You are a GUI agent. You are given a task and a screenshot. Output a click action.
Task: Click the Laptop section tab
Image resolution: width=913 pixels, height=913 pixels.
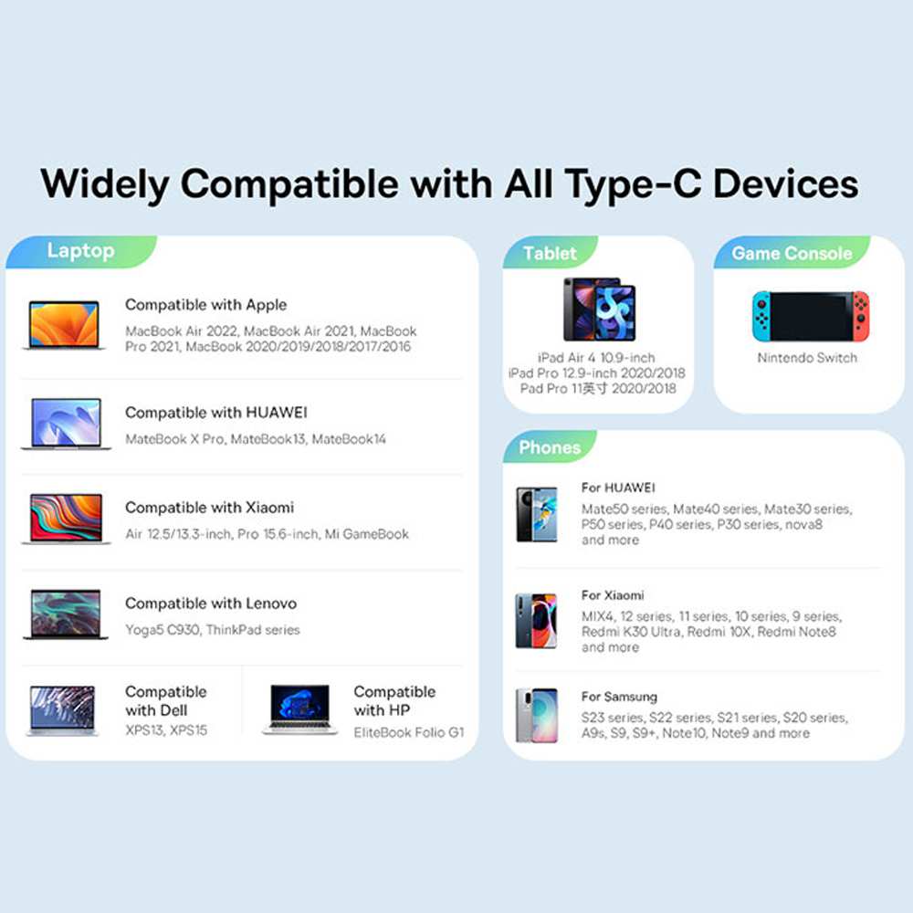point(81,252)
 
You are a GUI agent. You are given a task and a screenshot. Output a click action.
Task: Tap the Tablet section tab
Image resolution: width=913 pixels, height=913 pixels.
point(550,253)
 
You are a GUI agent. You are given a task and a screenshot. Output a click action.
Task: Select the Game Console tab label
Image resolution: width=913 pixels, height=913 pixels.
point(792,253)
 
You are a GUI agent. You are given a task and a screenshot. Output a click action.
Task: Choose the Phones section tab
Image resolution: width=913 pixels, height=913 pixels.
point(550,447)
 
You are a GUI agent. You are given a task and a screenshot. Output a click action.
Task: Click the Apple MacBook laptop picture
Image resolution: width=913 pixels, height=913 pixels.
point(64,325)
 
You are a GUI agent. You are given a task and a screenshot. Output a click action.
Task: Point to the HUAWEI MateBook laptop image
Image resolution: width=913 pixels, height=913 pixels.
point(66,424)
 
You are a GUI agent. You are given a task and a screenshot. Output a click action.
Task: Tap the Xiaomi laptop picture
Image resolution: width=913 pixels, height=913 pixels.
point(66,519)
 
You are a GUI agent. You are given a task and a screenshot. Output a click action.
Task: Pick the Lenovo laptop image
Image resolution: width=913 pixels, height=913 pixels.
point(66,614)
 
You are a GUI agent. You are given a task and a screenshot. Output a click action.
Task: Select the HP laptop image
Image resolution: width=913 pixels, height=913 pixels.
point(299,709)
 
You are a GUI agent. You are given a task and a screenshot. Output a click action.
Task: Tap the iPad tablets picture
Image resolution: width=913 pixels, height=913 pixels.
point(599,310)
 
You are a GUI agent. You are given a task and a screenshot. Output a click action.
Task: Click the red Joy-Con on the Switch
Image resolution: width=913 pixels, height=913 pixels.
point(861,316)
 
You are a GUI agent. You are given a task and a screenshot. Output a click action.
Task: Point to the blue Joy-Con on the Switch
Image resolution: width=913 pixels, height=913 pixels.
point(761,316)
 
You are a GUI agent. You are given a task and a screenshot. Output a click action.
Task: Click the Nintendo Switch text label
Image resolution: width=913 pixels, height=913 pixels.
point(807,358)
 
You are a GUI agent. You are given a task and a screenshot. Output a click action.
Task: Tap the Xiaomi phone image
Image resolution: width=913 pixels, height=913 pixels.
point(536,621)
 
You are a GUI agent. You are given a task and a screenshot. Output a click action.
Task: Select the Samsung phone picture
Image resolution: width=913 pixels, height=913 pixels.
point(536,716)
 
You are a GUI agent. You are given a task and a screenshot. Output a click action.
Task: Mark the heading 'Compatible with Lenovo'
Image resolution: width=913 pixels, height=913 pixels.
point(211,603)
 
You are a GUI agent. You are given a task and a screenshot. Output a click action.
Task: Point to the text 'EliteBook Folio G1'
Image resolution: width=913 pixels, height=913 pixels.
point(409,732)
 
